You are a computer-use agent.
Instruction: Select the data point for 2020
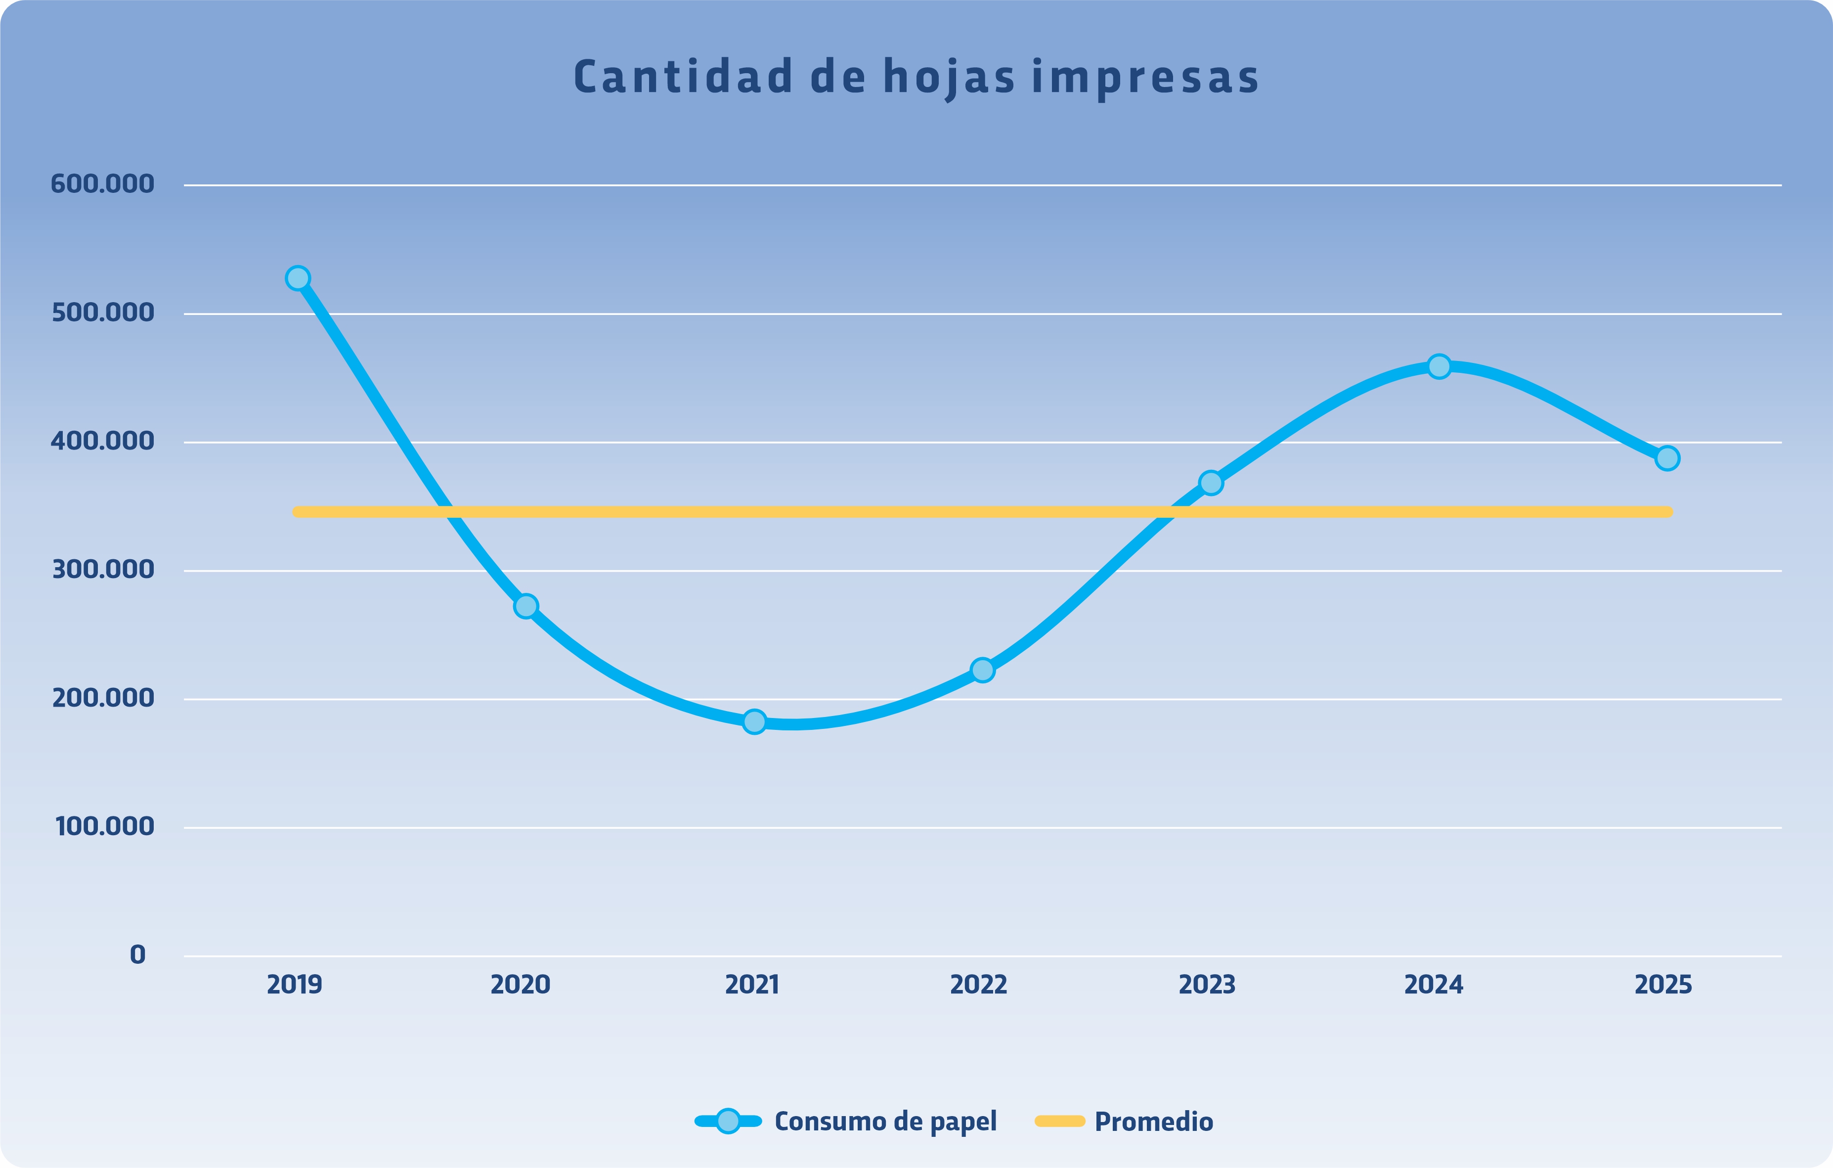click(526, 606)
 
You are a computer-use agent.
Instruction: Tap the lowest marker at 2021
click(754, 721)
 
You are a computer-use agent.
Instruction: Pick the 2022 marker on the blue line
click(983, 670)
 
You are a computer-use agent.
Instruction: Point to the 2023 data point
click(1210, 483)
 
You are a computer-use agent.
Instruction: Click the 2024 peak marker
click(1439, 367)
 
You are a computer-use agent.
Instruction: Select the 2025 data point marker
click(1667, 458)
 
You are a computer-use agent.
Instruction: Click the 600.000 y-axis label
click(102, 184)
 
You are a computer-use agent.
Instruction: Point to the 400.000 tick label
click(102, 442)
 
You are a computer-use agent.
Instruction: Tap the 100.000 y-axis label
click(104, 827)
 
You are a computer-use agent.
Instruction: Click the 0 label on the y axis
click(138, 955)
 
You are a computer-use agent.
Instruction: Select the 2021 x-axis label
click(752, 985)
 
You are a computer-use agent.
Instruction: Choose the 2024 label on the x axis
click(1434, 985)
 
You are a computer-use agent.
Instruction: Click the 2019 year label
click(295, 985)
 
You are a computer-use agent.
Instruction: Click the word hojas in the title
click(949, 78)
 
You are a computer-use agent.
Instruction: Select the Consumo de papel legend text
click(885, 1122)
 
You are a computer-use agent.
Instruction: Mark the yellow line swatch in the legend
click(1059, 1121)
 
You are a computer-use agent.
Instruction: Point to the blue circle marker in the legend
click(729, 1121)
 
